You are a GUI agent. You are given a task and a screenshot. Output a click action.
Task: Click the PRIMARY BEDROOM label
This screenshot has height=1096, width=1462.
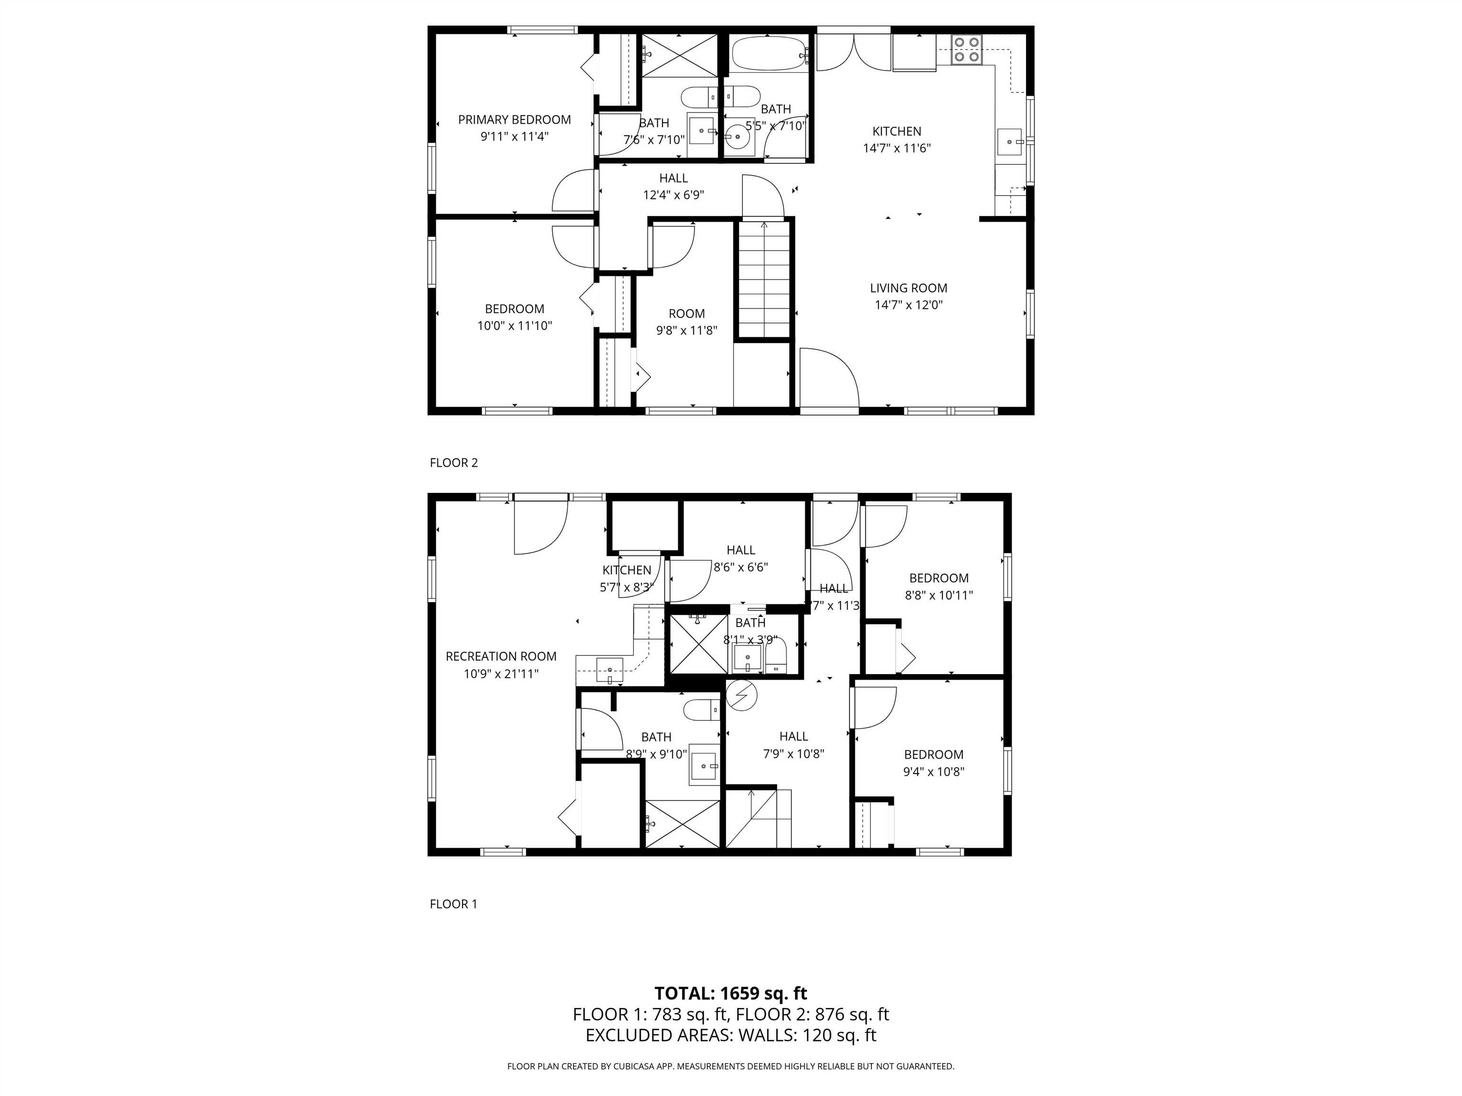[x=514, y=119]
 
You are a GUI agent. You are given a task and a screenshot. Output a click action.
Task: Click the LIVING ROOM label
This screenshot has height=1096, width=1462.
[x=908, y=288]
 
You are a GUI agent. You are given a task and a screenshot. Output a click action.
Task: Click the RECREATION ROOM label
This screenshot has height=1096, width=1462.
[x=501, y=656]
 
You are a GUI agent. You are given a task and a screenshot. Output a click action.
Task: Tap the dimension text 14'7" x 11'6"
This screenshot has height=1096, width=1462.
[x=897, y=148]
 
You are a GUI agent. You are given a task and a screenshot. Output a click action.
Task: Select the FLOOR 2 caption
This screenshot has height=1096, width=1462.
[x=454, y=462]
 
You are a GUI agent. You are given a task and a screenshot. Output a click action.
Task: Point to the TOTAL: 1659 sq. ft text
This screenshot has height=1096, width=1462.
[x=731, y=993]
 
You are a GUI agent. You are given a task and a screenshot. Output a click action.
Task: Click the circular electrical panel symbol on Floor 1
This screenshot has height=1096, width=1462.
[x=741, y=695]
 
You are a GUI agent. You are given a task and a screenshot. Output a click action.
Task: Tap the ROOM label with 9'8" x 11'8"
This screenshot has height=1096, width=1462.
[x=687, y=314]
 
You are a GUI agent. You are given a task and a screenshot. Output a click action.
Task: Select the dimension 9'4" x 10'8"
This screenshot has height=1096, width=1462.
[x=933, y=771]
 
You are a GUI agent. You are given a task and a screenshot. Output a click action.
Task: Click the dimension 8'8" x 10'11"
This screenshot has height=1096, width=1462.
[x=938, y=595]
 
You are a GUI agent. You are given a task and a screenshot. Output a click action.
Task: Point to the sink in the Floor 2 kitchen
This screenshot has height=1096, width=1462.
[x=1010, y=141]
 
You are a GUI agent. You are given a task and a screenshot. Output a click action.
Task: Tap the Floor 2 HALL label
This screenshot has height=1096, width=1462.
[x=673, y=178]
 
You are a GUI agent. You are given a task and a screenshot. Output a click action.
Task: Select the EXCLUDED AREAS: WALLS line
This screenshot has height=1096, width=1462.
[x=731, y=1035]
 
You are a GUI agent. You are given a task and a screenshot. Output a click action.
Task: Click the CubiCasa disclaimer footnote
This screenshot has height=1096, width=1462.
[x=731, y=1066]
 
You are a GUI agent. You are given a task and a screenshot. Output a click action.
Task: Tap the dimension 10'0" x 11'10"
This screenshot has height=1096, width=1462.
[x=514, y=326]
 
